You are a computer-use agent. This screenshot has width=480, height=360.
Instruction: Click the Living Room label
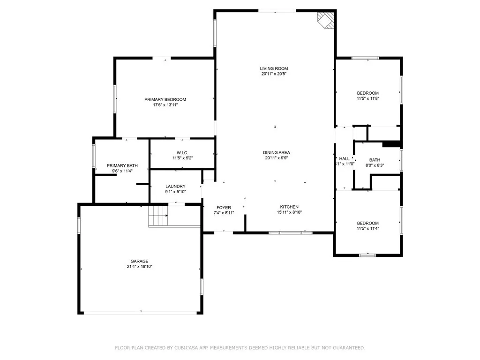(274, 68)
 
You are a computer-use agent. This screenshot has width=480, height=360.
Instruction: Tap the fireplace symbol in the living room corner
(325, 20)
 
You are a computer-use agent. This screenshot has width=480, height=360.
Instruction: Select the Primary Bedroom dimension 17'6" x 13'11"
(165, 105)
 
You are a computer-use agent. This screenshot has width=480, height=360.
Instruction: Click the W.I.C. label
(182, 152)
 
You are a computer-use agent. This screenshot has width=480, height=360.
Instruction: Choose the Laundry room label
(175, 186)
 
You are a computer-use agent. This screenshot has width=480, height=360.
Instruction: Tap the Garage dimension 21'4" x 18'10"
(139, 266)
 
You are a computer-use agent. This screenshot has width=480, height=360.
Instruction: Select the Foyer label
(224, 207)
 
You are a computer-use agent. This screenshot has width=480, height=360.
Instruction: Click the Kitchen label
(289, 207)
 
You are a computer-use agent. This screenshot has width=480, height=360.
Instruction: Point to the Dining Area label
(276, 152)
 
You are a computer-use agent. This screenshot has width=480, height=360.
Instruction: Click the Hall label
(344, 159)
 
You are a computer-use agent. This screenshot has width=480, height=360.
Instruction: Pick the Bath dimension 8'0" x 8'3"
(375, 165)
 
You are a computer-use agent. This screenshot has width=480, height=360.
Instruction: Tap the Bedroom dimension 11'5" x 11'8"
(367, 98)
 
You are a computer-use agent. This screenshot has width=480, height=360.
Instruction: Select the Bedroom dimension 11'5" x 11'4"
(367, 228)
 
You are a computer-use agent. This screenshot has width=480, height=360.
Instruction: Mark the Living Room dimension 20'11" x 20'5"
(274, 74)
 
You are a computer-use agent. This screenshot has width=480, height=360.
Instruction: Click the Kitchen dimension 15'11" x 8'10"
(289, 212)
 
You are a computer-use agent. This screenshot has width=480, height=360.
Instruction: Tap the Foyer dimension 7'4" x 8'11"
(224, 213)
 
